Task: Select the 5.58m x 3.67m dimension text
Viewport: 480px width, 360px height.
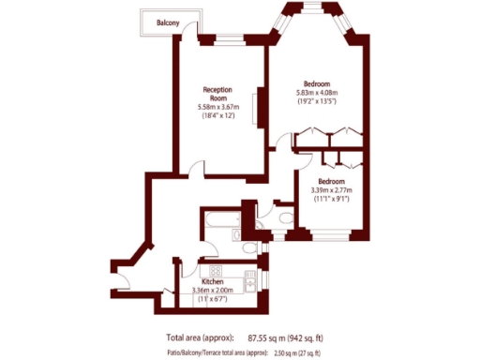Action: [218, 107]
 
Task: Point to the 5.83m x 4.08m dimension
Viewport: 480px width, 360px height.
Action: [317, 93]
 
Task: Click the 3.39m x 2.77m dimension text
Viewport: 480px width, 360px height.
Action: [332, 190]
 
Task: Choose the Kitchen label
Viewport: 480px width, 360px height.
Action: [213, 281]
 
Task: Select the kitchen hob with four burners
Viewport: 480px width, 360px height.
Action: [251, 278]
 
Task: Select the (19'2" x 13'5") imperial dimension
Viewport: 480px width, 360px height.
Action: [317, 102]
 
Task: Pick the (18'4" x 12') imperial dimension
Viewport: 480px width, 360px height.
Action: [218, 116]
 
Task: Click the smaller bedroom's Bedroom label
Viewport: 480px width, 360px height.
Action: [332, 181]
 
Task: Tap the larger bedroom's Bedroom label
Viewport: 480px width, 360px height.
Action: [317, 83]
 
